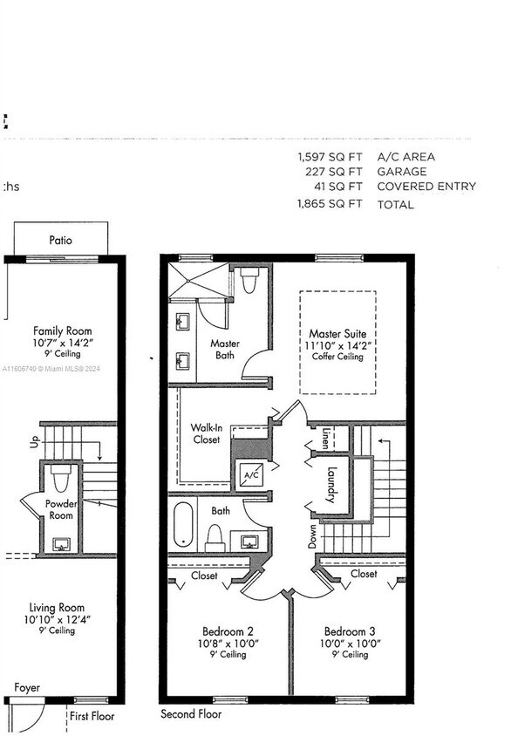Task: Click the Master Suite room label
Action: click(x=337, y=334)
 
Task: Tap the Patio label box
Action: click(x=61, y=240)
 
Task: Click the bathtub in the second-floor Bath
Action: click(x=182, y=525)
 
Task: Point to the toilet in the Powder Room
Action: click(x=60, y=479)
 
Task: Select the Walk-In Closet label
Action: click(x=206, y=433)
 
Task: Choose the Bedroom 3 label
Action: click(x=350, y=631)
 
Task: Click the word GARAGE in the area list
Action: click(x=402, y=172)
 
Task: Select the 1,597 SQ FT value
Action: click(x=330, y=157)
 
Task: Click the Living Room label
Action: click(x=58, y=608)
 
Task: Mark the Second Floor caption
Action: click(x=191, y=714)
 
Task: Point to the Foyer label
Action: click(x=27, y=688)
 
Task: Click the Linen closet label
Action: click(x=326, y=436)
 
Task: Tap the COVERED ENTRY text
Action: click(x=426, y=187)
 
